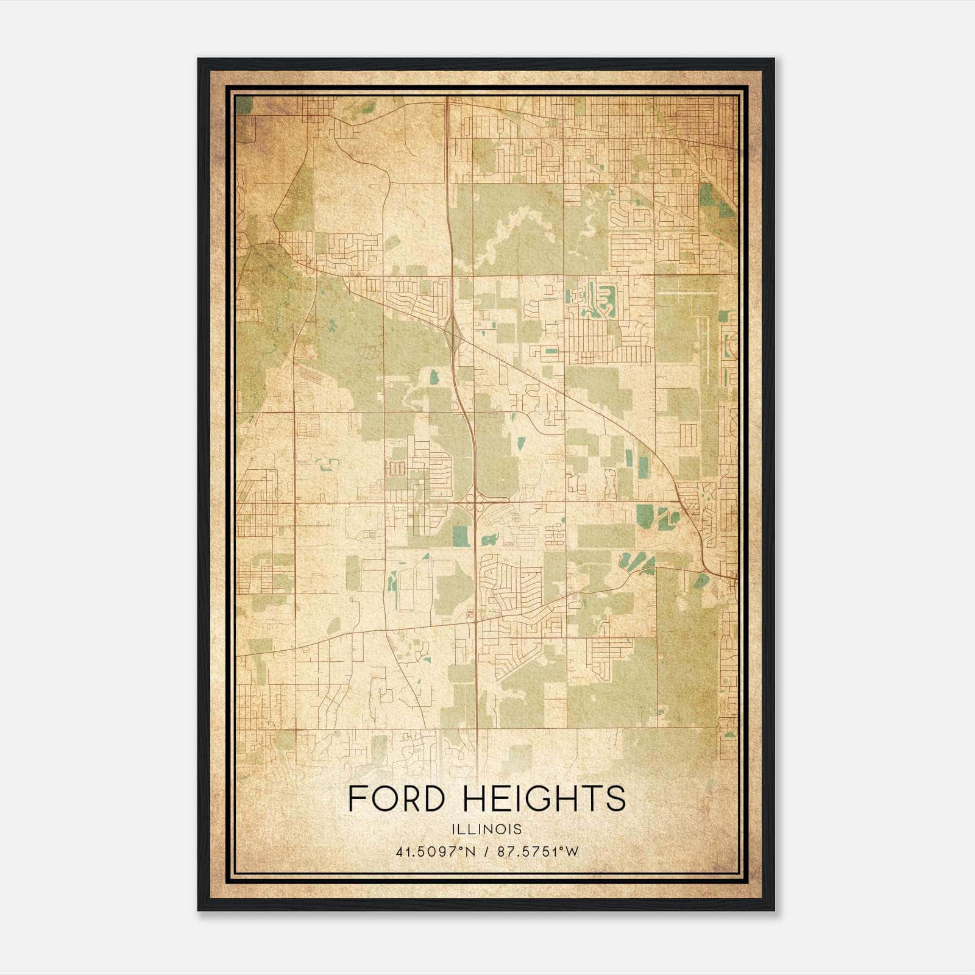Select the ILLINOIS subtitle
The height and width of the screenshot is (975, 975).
pos(487,829)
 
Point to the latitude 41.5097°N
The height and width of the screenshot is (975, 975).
pos(433,852)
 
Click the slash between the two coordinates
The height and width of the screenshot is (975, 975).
pos(484,852)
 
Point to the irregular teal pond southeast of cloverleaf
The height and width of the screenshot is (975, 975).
pos(489,539)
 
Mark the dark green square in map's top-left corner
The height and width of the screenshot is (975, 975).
pos(244,105)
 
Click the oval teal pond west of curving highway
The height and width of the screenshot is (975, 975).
pos(434,376)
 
